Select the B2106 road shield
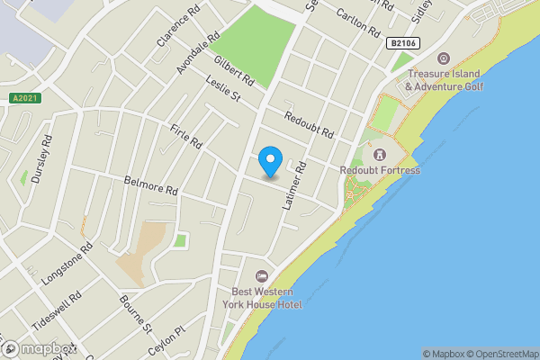(x=402, y=42)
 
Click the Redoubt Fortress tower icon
(x=379, y=155)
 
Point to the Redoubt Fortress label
(x=380, y=170)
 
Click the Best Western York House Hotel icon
(x=262, y=275)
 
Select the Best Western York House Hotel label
(x=266, y=298)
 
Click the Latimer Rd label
(x=295, y=186)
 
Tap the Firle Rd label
(x=186, y=138)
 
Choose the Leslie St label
(x=222, y=90)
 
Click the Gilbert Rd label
(x=234, y=71)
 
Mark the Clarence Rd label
(x=176, y=30)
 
